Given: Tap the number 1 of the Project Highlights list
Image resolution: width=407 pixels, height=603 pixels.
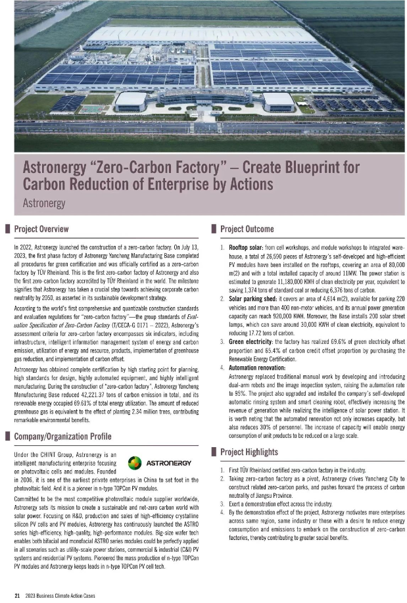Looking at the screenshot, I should pyautogui.click(x=222, y=470).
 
